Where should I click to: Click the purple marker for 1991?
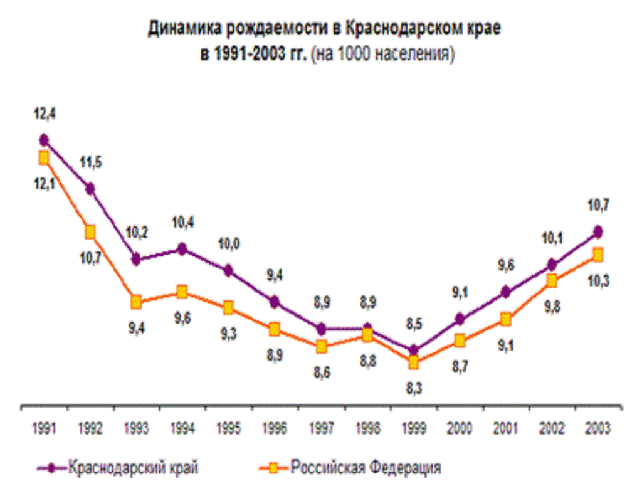click(44, 140)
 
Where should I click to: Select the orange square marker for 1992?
click(90, 231)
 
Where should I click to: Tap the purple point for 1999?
click(413, 350)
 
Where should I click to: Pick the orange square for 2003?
click(598, 255)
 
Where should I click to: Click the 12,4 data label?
click(44, 114)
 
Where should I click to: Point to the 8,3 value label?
click(414, 389)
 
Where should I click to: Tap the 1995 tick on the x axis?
click(229, 429)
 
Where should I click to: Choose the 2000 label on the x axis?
click(460, 429)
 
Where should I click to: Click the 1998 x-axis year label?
click(367, 429)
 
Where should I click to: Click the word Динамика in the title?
click(182, 29)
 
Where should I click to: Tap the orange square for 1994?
click(182, 292)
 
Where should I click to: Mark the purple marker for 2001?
click(506, 292)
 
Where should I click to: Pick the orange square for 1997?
click(321, 346)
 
